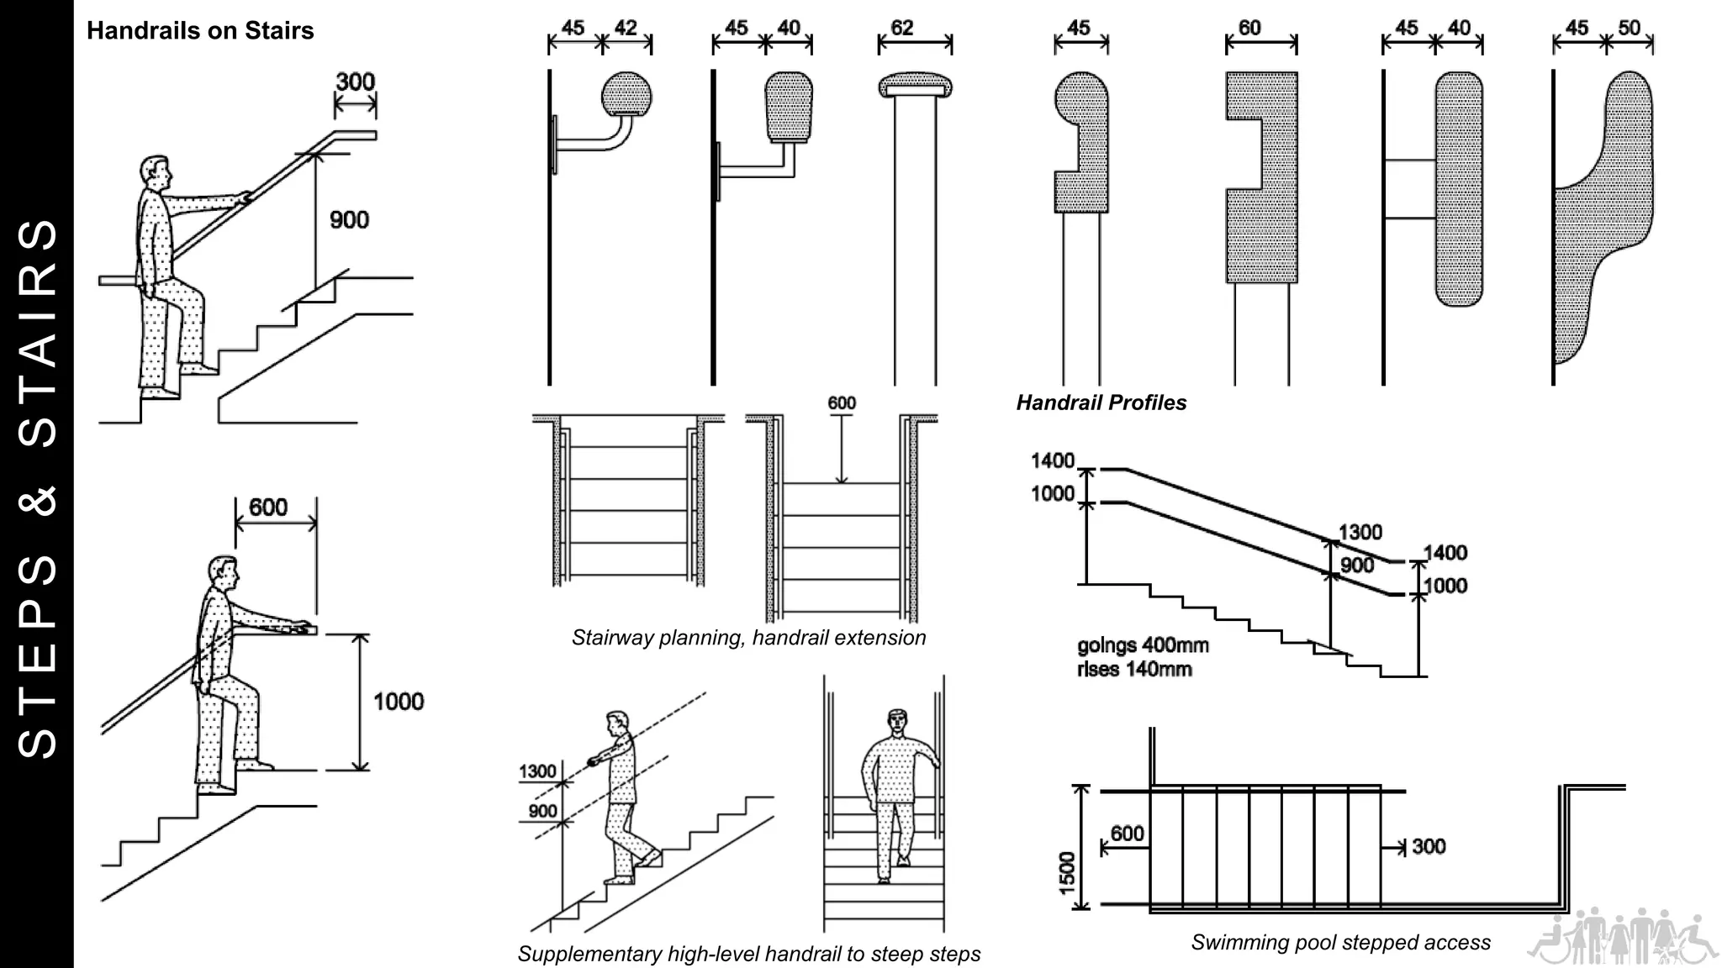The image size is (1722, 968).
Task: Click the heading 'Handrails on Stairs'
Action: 200,31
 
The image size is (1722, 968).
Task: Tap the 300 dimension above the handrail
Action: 355,82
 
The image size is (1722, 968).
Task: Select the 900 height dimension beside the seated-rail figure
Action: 349,220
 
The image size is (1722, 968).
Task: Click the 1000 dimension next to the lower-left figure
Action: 399,702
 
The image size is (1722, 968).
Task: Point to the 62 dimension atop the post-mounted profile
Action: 901,28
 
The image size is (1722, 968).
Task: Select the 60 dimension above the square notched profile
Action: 1249,28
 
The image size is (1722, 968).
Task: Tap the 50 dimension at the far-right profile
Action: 1629,28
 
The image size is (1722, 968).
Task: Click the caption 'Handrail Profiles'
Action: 1101,402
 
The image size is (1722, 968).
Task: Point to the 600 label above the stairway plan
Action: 841,403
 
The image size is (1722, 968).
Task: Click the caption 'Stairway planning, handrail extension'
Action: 748,638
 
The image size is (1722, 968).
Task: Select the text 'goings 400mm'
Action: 1143,645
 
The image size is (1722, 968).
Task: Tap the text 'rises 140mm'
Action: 1134,670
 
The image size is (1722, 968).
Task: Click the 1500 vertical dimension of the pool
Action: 1067,872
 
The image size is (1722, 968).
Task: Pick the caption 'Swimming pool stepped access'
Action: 1340,943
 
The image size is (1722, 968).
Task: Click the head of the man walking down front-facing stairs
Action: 898,720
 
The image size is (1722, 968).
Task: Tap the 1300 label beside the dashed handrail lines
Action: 537,771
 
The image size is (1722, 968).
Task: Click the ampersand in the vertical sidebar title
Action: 38,500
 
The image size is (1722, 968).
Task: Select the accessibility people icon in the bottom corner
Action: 1622,936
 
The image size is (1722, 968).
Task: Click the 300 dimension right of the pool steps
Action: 1429,846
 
